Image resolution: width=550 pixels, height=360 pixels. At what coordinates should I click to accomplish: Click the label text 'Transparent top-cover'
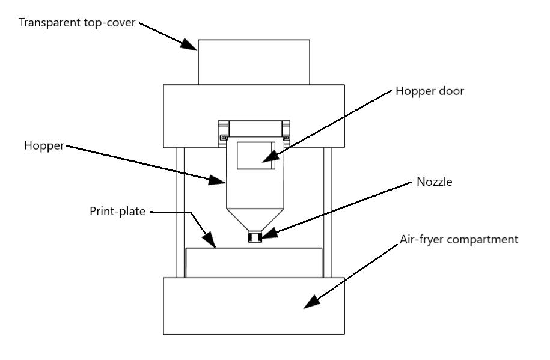click(77, 23)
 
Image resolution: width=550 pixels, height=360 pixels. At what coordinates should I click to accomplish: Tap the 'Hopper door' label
click(430, 91)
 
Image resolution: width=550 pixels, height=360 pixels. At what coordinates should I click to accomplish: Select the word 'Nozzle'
click(434, 182)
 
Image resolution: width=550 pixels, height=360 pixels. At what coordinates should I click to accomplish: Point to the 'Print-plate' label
click(117, 211)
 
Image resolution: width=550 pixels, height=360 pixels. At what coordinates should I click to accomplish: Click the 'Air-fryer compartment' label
click(459, 240)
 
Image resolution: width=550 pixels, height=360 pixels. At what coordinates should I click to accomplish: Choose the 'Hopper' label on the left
click(44, 145)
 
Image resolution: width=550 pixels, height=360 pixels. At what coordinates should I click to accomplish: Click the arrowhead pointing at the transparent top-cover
click(189, 45)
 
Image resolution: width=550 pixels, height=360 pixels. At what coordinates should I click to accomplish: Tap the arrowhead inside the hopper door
click(270, 157)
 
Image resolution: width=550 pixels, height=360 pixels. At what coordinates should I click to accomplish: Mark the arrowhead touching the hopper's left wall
click(216, 180)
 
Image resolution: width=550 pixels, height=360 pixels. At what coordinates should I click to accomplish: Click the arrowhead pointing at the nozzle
click(269, 233)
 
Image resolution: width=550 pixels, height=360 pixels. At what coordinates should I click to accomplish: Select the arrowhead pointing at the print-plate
click(210, 240)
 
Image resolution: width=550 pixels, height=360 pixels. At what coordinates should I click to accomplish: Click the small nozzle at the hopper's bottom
click(255, 236)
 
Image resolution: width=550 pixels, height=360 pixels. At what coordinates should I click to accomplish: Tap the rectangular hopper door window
click(256, 156)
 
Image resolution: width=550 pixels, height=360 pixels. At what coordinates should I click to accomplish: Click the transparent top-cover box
click(254, 62)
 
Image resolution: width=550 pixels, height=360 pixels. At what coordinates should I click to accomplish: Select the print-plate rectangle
click(254, 263)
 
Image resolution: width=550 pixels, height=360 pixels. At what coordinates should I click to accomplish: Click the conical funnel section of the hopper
click(255, 220)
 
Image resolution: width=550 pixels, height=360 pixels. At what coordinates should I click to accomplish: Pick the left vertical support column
click(181, 213)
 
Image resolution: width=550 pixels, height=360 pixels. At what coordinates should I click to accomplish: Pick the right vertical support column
click(327, 213)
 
